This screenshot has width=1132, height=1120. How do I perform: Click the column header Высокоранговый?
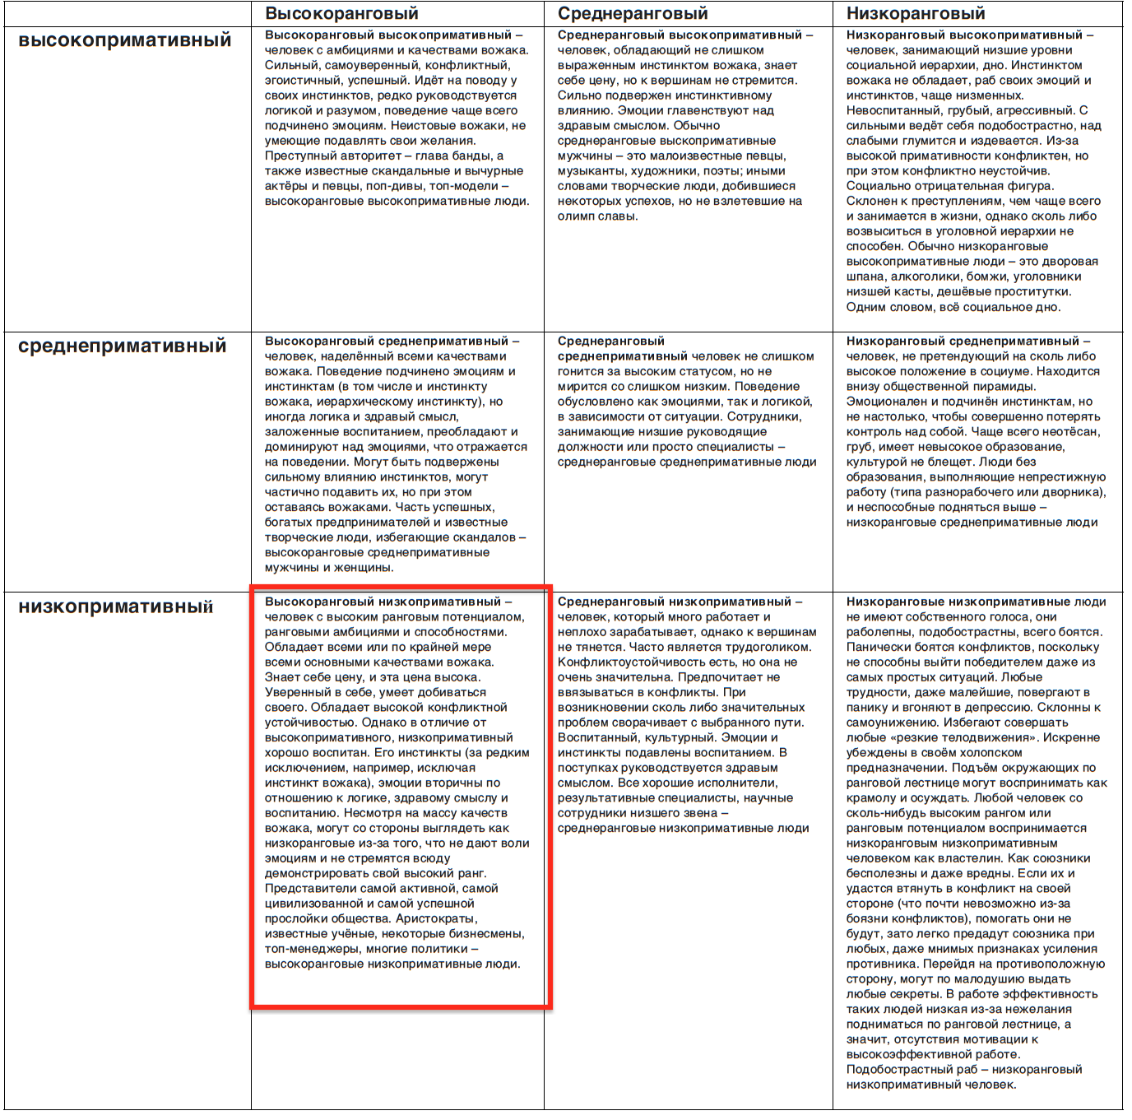tap(341, 13)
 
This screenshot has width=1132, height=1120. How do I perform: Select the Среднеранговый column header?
tap(633, 13)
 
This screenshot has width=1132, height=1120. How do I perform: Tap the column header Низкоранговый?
tap(915, 13)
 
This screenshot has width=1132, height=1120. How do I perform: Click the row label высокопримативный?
tap(125, 40)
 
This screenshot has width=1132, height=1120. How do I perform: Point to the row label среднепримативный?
tap(122, 346)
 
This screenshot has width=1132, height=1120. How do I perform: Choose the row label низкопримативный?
tap(115, 606)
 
